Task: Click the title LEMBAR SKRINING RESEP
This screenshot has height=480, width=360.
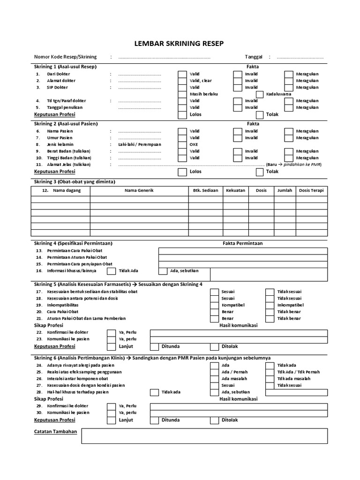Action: click(x=180, y=44)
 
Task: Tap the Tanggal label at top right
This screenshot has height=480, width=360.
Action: click(x=253, y=57)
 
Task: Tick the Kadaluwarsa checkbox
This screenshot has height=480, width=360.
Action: click(x=259, y=94)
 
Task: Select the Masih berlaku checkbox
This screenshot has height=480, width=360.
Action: click(x=182, y=94)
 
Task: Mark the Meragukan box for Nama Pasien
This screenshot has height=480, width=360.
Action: click(x=288, y=132)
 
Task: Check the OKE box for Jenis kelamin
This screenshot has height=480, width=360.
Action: click(x=182, y=145)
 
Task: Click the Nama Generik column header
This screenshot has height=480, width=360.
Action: click(x=139, y=191)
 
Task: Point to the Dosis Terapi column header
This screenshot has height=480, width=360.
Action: click(x=311, y=191)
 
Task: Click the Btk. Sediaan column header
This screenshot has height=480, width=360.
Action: click(x=205, y=191)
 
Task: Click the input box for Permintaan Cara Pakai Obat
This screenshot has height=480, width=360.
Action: click(x=243, y=251)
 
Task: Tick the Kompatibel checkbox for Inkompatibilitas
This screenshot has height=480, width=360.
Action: click(x=214, y=305)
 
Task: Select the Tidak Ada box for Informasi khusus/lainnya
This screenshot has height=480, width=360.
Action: click(x=111, y=271)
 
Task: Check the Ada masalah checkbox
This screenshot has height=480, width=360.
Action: click(x=214, y=379)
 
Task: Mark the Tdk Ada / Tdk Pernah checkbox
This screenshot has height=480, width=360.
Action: click(x=270, y=372)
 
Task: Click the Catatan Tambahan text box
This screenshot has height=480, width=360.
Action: click(x=204, y=435)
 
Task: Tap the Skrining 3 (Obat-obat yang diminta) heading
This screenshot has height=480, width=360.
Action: click(x=75, y=182)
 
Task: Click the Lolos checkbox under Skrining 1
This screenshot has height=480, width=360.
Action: click(x=182, y=114)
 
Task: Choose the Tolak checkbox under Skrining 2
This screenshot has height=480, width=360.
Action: click(x=259, y=172)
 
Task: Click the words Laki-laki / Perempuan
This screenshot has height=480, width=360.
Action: click(x=140, y=145)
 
